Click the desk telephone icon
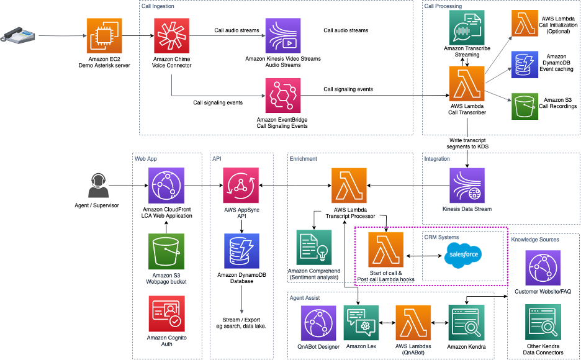[17, 35]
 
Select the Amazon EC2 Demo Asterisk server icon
[104, 36]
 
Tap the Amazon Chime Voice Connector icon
[171, 36]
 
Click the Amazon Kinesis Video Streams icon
[282, 36]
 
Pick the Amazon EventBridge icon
[282, 96]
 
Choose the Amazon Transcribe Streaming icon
[467, 28]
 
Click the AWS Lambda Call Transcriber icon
[467, 84]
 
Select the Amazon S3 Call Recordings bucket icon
[525, 106]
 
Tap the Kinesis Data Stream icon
[467, 186]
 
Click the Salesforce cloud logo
[463, 255]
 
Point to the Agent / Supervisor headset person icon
[98, 186]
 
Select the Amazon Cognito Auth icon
[166, 313]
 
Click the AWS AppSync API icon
[241, 186]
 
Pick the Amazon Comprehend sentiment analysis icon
[314, 248]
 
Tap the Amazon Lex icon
[361, 323]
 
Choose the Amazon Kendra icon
[466, 323]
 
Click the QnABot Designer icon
[318, 323]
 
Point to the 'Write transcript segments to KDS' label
[467, 143]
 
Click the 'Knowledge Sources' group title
[535, 240]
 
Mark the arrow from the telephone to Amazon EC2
[63, 36]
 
